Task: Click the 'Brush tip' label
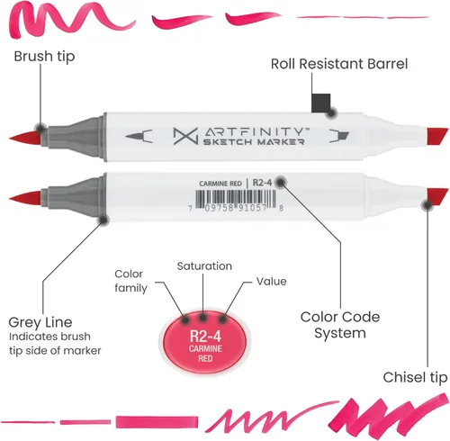point(44,56)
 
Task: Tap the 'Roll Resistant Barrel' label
point(339,64)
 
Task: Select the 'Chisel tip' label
point(415,377)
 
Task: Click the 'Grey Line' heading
point(40,322)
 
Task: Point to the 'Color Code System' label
point(340,325)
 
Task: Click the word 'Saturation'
point(204,266)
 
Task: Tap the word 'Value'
point(271,282)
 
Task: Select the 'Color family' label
point(130,281)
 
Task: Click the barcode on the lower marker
point(236,198)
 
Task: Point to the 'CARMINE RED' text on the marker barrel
point(220,184)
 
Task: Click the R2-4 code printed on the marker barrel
point(262,183)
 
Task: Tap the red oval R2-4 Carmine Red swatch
point(205,343)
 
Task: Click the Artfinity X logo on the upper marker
point(185,136)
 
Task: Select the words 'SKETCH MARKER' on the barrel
point(254,142)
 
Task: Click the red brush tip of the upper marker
point(25,138)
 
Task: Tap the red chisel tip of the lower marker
point(437,196)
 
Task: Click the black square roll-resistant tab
point(321,103)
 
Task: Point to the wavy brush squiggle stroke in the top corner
point(71,19)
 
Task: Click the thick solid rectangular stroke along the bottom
point(157,422)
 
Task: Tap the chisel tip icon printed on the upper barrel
point(339,136)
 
